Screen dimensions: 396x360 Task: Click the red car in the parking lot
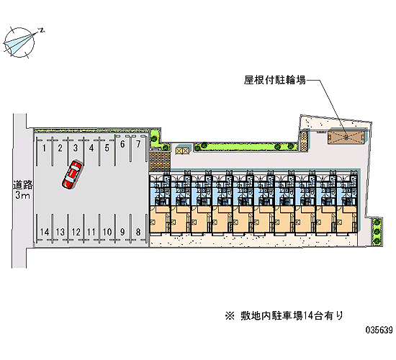[72, 174]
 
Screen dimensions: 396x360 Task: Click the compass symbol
[19, 42]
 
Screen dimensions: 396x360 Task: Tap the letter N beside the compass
[42, 30]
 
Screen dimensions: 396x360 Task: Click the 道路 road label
[23, 185]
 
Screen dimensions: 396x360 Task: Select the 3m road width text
[22, 195]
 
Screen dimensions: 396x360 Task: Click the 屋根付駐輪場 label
[274, 80]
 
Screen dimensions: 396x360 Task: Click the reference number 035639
[379, 330]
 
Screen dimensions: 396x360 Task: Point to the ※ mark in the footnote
[230, 316]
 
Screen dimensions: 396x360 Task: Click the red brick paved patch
[160, 162]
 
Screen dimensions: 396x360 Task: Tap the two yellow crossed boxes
[182, 150]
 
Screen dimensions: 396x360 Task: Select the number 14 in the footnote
[308, 316]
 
